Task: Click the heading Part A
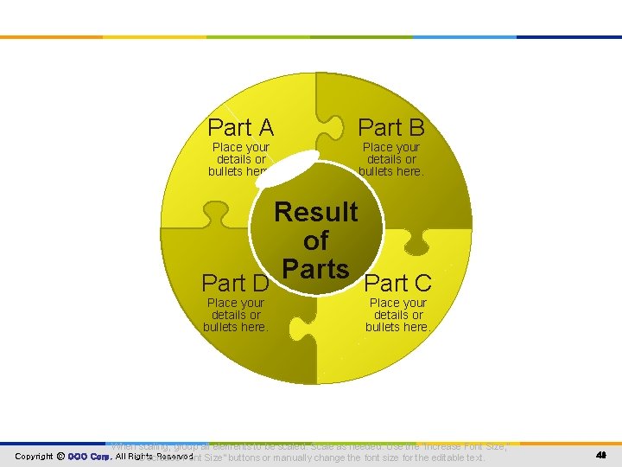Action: coord(241,128)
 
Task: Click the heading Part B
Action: coord(391,128)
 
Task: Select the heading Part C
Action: coord(398,283)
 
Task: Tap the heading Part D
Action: coord(235,283)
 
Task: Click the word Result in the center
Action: coord(316,212)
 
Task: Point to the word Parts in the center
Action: coord(316,269)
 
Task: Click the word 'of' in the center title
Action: coord(316,240)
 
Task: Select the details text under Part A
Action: coord(240,159)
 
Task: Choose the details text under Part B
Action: coord(391,159)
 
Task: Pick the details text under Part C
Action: coord(398,315)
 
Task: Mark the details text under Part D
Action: coord(235,315)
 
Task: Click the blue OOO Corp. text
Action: coord(89,457)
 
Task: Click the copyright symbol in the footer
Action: coord(60,457)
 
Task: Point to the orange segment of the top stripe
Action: coord(52,37)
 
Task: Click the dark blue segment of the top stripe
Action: coord(569,37)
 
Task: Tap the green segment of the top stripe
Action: coord(362,37)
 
